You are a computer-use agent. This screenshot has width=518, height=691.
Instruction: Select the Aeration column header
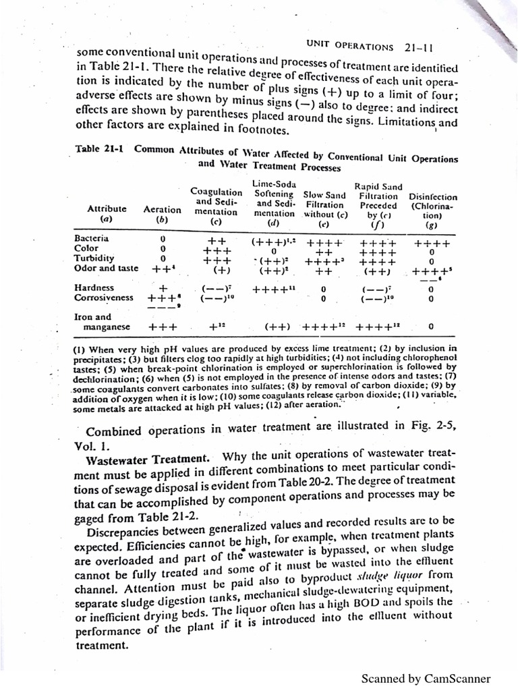coord(162,210)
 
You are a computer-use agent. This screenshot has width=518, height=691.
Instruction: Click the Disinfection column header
coord(432,198)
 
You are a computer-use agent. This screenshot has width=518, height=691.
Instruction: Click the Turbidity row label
coord(94,258)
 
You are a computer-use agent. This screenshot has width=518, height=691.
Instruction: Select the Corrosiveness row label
coord(103,297)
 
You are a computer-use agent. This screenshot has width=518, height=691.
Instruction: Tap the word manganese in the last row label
coord(109,327)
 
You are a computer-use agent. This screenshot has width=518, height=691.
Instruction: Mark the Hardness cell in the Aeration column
coord(162,288)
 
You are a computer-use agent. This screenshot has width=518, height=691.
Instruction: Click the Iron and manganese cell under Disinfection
coord(431,327)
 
